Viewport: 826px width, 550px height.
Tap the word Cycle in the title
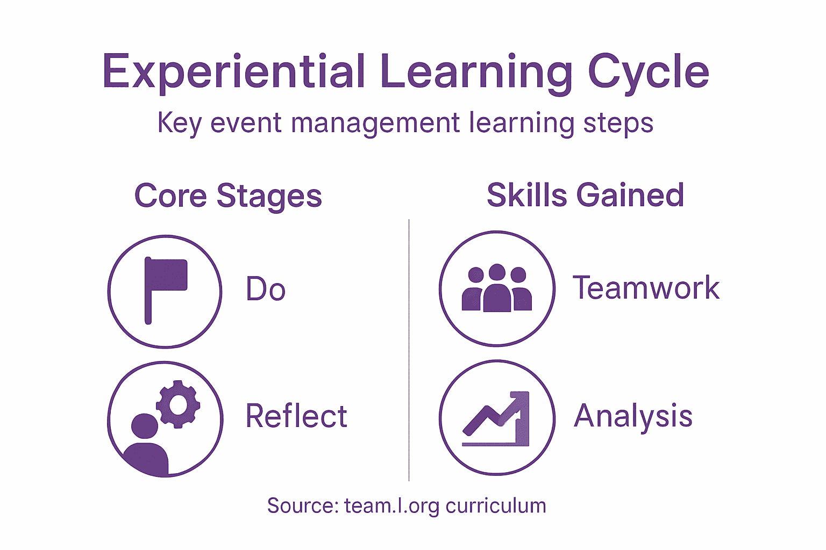[x=648, y=71]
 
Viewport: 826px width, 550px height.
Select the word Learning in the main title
[x=476, y=71]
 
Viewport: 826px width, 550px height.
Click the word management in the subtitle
[x=375, y=123]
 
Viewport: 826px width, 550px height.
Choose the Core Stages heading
[x=228, y=196]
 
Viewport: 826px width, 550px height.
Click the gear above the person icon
[x=178, y=404]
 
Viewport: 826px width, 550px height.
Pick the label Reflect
[x=296, y=416]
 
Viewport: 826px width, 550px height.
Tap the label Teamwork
[x=646, y=288]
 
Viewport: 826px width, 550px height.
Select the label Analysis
[x=633, y=416]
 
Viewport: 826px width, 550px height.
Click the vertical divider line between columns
[x=409, y=349]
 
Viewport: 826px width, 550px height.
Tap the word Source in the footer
[x=302, y=506]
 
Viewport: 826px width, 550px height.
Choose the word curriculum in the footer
[x=496, y=506]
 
